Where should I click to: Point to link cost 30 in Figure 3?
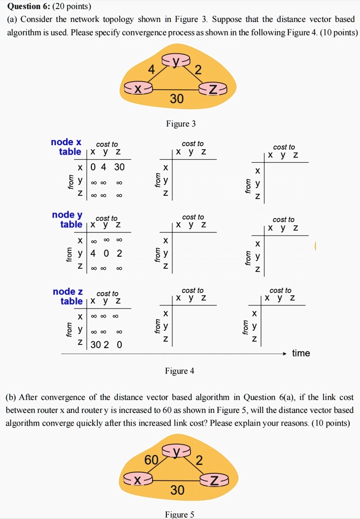coord(176,99)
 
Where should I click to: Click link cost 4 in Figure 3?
coord(151,71)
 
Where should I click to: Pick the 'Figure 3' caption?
coord(181,124)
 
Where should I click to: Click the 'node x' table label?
coord(66,142)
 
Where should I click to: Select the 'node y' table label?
coord(67,215)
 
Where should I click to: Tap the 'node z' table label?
coord(67,291)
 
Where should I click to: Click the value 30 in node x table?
coord(119,167)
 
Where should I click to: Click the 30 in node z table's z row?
coord(95,345)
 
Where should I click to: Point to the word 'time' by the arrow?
coord(301,353)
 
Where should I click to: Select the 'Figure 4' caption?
coord(179,371)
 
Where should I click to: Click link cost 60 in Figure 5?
coord(151,461)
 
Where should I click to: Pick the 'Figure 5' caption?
coord(179,514)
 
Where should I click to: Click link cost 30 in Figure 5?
coord(177,490)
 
